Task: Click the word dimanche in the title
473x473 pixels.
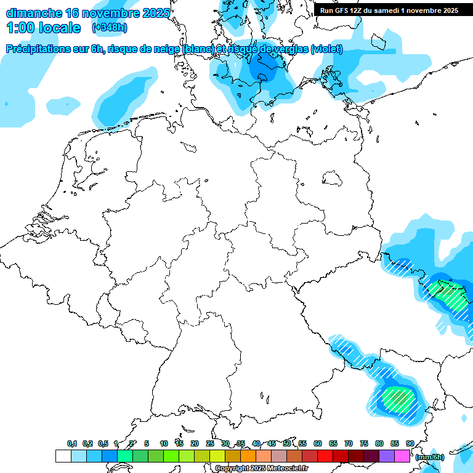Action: click(31, 13)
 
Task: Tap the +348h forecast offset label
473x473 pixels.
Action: click(109, 28)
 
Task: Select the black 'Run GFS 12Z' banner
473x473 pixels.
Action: click(389, 10)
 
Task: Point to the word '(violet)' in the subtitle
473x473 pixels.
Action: click(327, 49)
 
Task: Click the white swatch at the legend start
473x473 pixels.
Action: click(63, 456)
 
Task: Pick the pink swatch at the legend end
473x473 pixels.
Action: click(402, 456)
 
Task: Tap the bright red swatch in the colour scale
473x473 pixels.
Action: click(325, 456)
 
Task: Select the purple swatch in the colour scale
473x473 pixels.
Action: click(387, 456)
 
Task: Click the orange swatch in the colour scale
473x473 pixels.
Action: click(248, 456)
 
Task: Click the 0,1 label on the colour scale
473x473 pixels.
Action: click(72, 444)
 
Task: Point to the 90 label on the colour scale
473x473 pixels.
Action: click(410, 444)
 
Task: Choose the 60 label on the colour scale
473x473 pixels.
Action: click(318, 444)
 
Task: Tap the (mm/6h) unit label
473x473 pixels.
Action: click(429, 457)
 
